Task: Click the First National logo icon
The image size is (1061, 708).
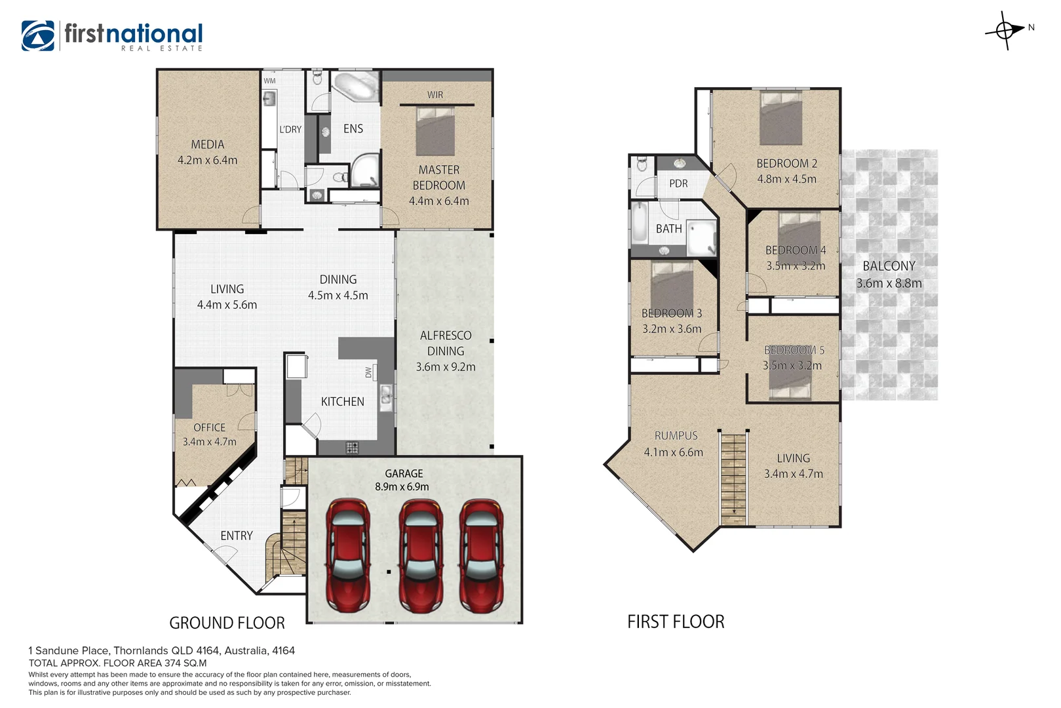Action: click(x=38, y=35)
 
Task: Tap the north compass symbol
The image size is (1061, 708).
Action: click(x=1005, y=30)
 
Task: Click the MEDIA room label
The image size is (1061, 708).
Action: click(x=208, y=144)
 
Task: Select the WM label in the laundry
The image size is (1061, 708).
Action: click(x=269, y=81)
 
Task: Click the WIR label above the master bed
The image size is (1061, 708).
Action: click(x=435, y=95)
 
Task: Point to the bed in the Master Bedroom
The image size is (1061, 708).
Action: click(x=436, y=131)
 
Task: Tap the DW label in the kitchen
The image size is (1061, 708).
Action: click(x=368, y=372)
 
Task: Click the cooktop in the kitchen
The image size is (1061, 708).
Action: click(x=352, y=448)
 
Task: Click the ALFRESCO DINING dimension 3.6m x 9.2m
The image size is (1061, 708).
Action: click(x=446, y=367)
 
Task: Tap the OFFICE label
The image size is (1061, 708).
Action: click(x=209, y=427)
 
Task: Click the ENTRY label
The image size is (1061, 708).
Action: click(x=237, y=536)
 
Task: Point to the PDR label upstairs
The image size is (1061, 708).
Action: click(x=678, y=184)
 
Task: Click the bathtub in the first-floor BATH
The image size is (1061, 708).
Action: click(x=639, y=223)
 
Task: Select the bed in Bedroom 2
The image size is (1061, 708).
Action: click(x=781, y=118)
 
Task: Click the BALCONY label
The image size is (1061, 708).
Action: click(x=889, y=266)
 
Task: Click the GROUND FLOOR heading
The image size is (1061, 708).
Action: click(x=227, y=623)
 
